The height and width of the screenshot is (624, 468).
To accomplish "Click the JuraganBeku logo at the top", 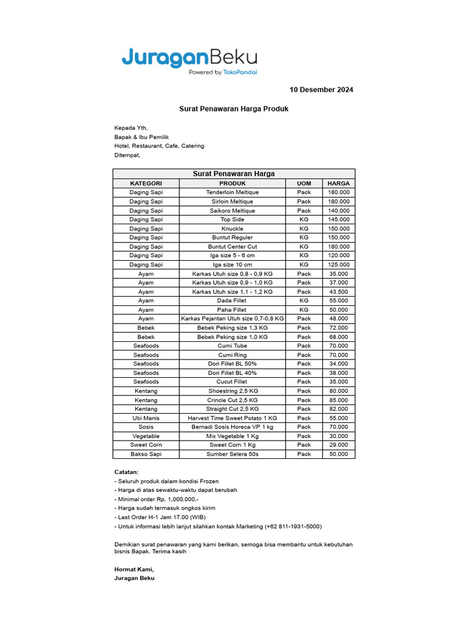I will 189,61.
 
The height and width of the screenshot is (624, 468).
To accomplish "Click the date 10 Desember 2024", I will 321,90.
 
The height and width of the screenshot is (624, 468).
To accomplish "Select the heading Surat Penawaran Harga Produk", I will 233,108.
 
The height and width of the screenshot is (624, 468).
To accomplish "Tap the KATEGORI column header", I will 146,183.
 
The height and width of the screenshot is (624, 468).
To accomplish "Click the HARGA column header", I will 338,183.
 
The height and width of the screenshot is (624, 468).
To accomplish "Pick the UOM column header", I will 304,183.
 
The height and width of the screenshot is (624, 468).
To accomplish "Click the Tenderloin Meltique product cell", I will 232,193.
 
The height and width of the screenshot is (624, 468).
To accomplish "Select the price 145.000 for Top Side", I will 338,219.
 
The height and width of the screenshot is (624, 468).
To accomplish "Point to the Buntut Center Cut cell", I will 232,247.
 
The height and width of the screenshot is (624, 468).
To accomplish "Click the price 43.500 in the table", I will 338,292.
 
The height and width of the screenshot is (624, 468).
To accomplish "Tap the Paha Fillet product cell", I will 232,310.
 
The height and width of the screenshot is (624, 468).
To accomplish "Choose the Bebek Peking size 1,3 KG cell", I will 232,328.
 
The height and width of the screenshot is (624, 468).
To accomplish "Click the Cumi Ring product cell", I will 232,355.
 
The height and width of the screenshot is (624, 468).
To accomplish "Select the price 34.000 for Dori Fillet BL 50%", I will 338,364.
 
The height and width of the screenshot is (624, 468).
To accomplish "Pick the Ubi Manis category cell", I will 146,418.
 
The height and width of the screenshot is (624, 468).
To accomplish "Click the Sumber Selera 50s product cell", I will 232,454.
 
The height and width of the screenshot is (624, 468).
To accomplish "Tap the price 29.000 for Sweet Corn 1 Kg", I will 338,445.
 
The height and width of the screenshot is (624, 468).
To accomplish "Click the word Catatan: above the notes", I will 126,472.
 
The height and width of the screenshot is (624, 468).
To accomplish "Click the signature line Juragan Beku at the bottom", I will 134,578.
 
